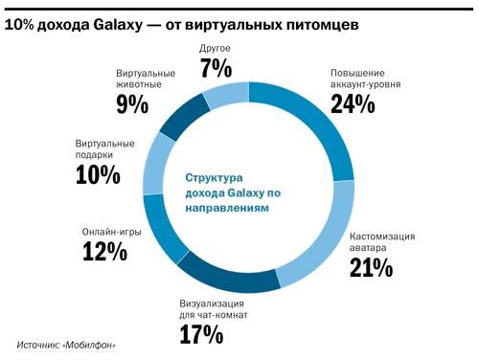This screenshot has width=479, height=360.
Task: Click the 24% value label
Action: point(352,104)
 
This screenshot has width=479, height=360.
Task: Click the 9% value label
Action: point(132,104)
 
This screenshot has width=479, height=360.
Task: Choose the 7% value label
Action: point(217,67)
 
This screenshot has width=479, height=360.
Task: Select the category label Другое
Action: point(217,47)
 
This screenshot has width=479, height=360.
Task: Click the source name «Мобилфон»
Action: point(98,344)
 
